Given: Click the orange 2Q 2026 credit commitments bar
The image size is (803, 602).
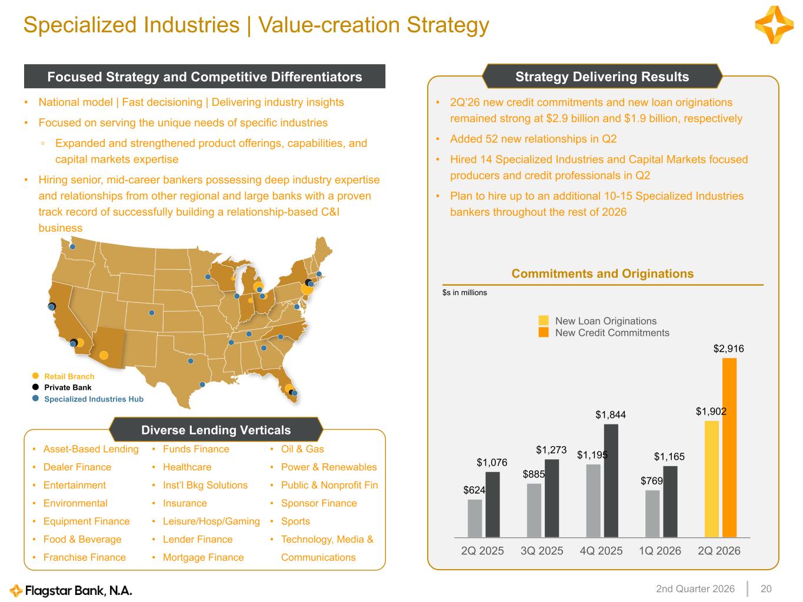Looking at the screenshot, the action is click(x=729, y=448).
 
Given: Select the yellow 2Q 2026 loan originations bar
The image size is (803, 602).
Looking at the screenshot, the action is click(x=712, y=479).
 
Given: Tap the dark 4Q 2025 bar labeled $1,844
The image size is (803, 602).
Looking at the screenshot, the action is click(x=611, y=481).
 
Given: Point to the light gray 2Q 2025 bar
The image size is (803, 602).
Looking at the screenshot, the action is click(x=475, y=519).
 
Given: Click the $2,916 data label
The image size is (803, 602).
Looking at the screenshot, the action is click(x=728, y=349).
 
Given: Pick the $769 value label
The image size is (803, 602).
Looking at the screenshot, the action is click(x=652, y=481).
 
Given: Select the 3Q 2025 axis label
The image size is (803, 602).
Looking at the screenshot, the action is click(x=542, y=550).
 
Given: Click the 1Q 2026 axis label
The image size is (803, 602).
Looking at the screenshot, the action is click(x=659, y=550).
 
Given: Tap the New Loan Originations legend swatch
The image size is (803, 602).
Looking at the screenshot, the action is click(x=543, y=320).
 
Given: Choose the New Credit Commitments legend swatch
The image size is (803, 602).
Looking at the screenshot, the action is click(x=543, y=332).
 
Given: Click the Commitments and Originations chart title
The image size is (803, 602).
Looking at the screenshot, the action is click(x=602, y=273).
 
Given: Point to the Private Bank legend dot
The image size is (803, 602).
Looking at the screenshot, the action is click(x=35, y=387).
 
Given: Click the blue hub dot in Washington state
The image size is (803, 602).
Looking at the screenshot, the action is click(x=73, y=247).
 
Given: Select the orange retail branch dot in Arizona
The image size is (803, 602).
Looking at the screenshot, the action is click(x=104, y=355).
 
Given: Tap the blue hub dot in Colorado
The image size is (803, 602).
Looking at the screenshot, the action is click(x=151, y=313).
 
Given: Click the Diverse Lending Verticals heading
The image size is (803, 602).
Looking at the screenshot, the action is click(x=216, y=430).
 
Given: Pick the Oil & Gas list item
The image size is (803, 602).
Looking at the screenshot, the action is click(x=302, y=449).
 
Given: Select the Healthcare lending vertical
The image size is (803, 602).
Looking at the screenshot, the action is click(x=187, y=467).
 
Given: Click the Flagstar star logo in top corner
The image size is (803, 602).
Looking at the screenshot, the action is click(x=774, y=25).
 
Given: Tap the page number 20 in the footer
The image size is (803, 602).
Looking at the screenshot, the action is click(x=766, y=589).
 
